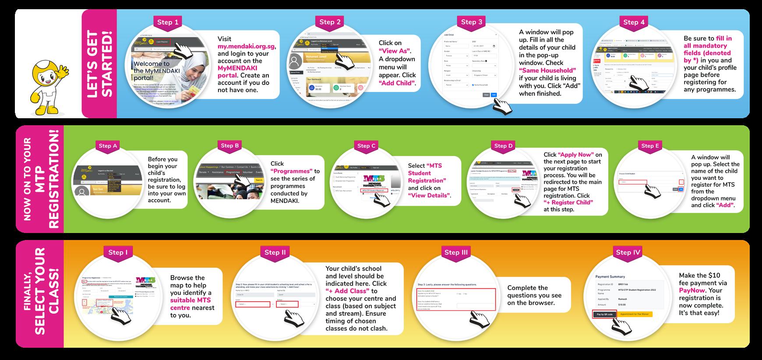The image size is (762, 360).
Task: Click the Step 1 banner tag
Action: pyautogui.click(x=168, y=22)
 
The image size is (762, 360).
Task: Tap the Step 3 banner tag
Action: pyautogui.click(x=472, y=22)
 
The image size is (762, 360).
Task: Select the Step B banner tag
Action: pyautogui.click(x=230, y=146)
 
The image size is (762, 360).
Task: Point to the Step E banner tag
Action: pyautogui.click(x=650, y=146)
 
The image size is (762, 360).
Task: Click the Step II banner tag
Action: pyautogui.click(x=275, y=252)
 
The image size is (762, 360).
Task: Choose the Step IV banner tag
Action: pyautogui.click(x=628, y=252)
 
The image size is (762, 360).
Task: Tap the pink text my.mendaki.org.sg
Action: pyautogui.click(x=247, y=46)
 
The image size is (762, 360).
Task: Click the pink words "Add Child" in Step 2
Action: pyautogui.click(x=397, y=83)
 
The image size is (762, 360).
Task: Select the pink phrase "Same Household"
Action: pyautogui.click(x=547, y=70)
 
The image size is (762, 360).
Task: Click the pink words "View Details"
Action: pyautogui.click(x=429, y=195)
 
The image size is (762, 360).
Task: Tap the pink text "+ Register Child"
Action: pyautogui.click(x=568, y=202)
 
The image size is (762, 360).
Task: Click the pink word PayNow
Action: pyautogui.click(x=693, y=290)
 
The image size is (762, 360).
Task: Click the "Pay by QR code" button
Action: pyautogui.click(x=605, y=314)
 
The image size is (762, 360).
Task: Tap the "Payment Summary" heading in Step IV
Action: pyautogui.click(x=610, y=277)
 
